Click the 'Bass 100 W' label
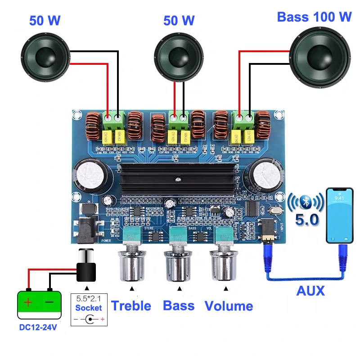click(x=314, y=17)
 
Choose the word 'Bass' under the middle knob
click(x=179, y=306)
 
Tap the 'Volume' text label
click(x=229, y=306)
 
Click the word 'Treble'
click(x=131, y=306)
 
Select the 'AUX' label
click(x=310, y=291)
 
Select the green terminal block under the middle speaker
click(x=179, y=118)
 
